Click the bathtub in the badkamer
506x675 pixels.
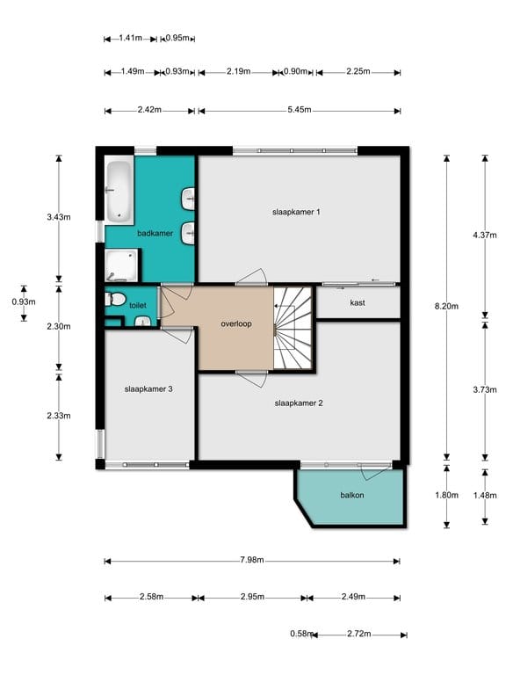pos(119,192)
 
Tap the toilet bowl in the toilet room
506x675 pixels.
pos(115,299)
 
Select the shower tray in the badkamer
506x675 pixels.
pos(121,265)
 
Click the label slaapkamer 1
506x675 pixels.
pos(296,212)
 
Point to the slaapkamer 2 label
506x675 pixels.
pos(299,403)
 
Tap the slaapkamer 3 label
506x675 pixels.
pos(148,388)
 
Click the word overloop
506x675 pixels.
pos(236,323)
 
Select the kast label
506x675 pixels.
pos(358,302)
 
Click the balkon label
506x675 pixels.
pos(352,495)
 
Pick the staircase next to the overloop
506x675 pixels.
pos(293,328)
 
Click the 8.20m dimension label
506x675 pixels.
pos(446,306)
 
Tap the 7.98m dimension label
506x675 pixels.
pos(252,560)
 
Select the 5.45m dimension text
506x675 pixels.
pos(300,110)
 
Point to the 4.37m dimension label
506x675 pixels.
pos(485,235)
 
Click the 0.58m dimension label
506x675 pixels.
pos(301,634)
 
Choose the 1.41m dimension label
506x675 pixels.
pos(130,38)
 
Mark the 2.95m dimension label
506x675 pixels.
pos(253,597)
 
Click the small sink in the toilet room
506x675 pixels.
pos(142,321)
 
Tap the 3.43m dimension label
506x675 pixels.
pos(59,217)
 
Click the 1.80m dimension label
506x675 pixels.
pos(446,495)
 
